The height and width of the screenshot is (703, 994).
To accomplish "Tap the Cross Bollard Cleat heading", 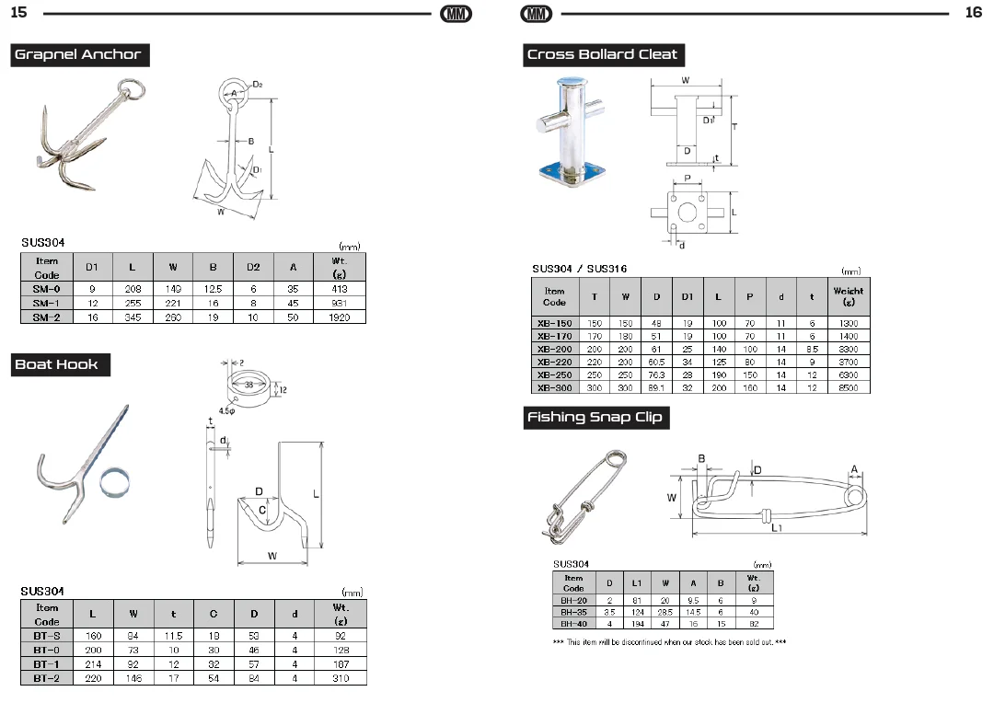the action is [604, 54].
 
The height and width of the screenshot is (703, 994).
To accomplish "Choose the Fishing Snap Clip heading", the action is [595, 417].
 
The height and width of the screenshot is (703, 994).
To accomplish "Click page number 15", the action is [19, 12].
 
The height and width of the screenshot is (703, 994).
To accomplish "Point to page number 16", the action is [973, 12].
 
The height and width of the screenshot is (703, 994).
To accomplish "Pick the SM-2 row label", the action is [47, 317].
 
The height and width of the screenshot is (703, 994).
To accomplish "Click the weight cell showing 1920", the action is [339, 317].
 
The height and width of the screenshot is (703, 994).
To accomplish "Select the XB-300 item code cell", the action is [555, 387].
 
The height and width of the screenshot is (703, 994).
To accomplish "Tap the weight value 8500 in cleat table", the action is [849, 387].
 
